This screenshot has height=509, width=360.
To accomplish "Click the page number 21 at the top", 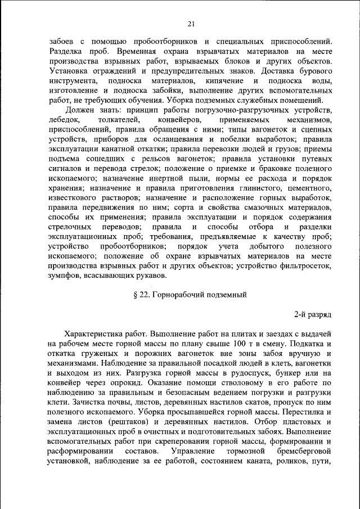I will (x=191, y=23).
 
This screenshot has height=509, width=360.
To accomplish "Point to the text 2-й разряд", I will (x=313, y=313).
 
